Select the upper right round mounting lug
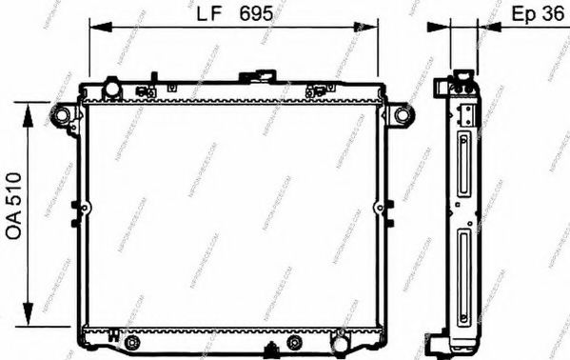[404, 115]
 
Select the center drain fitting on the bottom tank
[271, 345]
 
